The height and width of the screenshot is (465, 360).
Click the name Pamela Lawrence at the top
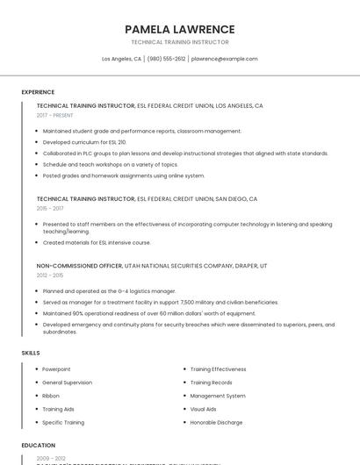[x=179, y=29]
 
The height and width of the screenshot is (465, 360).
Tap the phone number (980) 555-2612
[x=167, y=59]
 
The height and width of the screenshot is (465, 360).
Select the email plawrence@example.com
[x=225, y=59]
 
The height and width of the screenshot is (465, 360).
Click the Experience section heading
[x=38, y=92]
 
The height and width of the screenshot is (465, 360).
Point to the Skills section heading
[x=31, y=353]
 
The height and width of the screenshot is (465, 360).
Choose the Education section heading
[x=38, y=445]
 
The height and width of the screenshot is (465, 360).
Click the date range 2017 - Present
[x=54, y=115]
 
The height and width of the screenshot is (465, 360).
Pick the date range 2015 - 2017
[x=50, y=209]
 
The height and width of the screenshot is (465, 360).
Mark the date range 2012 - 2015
[x=50, y=275]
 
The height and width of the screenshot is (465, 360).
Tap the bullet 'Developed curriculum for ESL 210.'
[x=84, y=142]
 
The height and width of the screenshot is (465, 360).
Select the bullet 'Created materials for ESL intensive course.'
[x=97, y=242]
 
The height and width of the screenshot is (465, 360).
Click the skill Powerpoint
[x=56, y=369]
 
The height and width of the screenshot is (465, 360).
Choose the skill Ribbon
[x=51, y=396]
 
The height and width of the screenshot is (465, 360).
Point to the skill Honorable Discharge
[x=215, y=422]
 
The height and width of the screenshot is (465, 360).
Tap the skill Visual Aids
[x=203, y=409]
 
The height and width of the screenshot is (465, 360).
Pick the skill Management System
[x=218, y=396]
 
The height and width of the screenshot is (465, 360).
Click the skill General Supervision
[x=67, y=383]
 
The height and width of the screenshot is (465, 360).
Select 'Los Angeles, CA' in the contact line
[x=121, y=59]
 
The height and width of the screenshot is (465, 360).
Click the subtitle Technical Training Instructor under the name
[x=179, y=42]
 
